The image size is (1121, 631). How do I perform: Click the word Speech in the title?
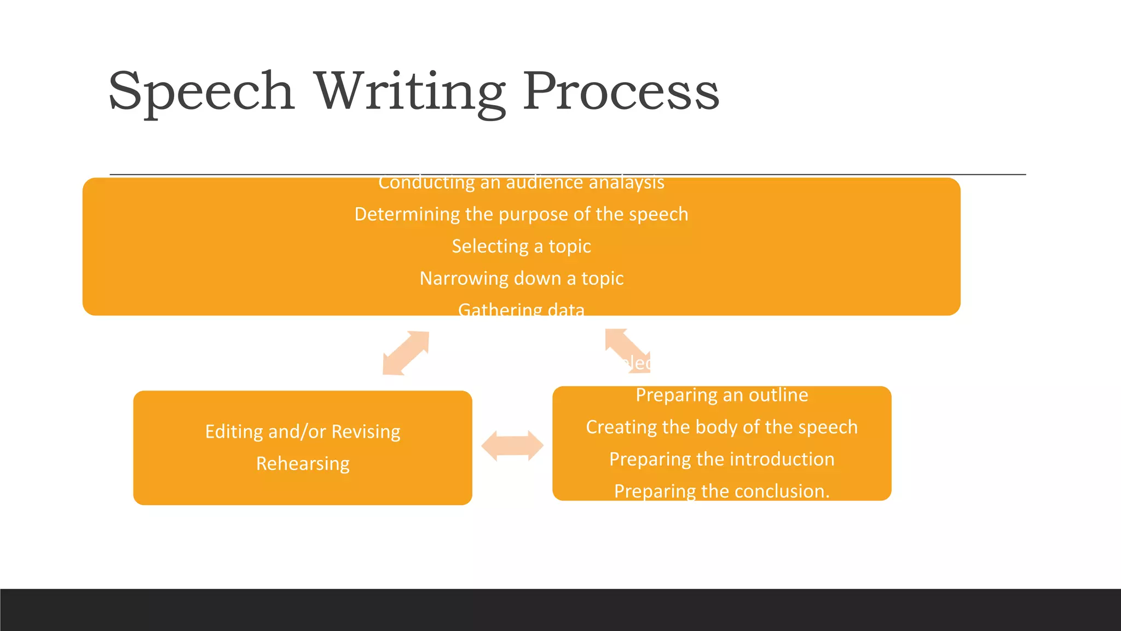(201, 91)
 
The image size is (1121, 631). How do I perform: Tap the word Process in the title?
(621, 91)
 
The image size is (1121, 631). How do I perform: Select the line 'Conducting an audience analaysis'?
(521, 183)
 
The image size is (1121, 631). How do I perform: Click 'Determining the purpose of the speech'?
(521, 214)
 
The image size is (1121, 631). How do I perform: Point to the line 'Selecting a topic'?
(521, 246)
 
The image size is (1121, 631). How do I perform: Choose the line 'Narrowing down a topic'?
(521, 279)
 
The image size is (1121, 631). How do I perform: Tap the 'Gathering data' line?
(521, 309)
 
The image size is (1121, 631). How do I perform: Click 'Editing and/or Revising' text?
(303, 432)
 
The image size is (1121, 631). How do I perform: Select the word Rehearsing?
(303, 464)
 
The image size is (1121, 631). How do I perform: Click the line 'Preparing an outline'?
(721, 395)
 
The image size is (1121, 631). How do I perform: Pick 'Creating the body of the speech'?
(721, 427)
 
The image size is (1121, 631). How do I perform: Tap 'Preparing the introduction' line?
(721, 459)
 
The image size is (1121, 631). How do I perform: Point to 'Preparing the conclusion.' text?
(721, 491)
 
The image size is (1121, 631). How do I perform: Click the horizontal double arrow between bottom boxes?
(512, 445)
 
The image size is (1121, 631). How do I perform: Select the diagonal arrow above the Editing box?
(406, 353)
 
